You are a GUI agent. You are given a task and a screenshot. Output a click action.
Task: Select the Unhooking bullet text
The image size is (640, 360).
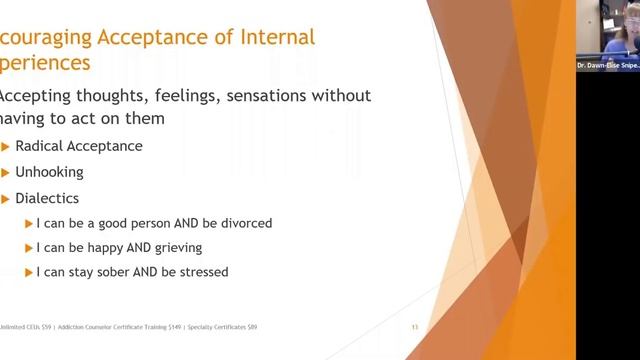(49, 172)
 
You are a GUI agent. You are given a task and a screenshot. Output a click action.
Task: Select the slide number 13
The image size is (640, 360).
(415, 327)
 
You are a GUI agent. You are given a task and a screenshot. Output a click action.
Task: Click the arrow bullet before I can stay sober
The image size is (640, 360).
(28, 272)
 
